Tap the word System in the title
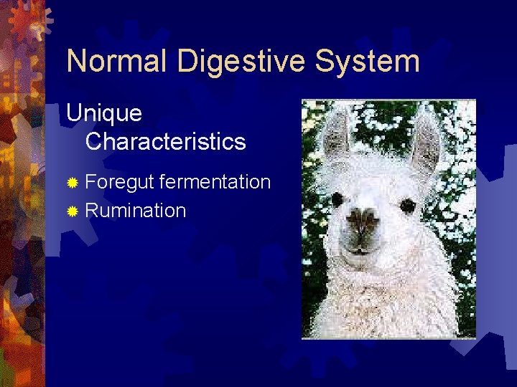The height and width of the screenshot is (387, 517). click(374, 61)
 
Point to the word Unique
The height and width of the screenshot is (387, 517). click(104, 113)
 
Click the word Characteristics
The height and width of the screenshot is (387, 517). click(165, 141)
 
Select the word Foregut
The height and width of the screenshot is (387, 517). click(119, 183)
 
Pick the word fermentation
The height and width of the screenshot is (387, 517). click(215, 182)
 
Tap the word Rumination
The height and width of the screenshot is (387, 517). click(136, 211)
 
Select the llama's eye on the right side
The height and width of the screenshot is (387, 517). click(407, 206)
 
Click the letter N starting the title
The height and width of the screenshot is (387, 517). click(78, 61)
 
